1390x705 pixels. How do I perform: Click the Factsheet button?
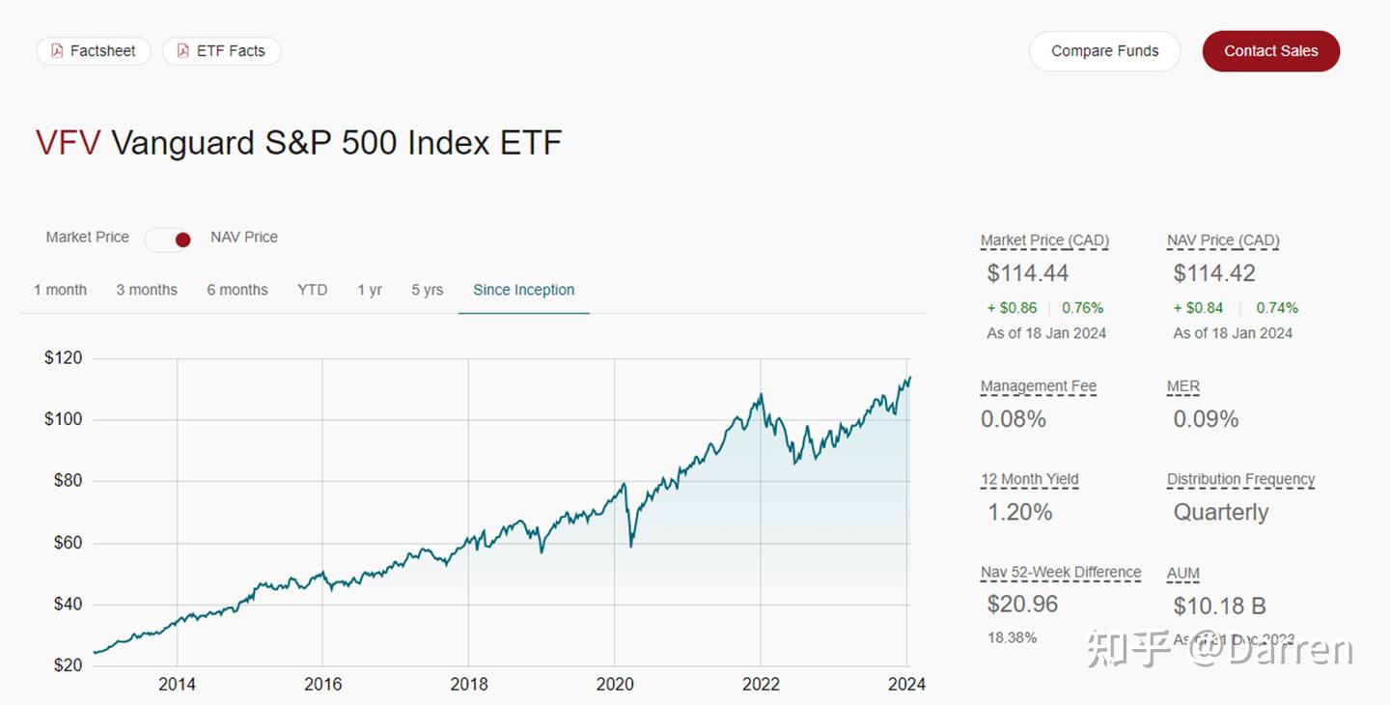94,51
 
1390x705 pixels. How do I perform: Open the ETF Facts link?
221,51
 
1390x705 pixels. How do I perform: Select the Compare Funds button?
1104,51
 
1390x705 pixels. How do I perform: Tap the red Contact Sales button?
1270,51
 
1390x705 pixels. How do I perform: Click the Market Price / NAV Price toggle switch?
169,239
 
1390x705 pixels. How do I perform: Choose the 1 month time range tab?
60,290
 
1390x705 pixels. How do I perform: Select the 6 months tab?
237,290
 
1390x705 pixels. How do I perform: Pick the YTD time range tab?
312,290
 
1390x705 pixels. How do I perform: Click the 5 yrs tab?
427,290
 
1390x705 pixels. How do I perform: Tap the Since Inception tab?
523,290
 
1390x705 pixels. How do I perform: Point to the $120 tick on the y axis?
64,358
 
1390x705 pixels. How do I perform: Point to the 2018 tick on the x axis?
469,685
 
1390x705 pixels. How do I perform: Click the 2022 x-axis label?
761,685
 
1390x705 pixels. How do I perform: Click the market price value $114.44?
1028,273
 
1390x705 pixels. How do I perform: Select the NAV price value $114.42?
1214,273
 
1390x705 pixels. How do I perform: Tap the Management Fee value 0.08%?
1014,419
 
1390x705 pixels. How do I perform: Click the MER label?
1183,386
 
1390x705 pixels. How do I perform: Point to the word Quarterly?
1221,512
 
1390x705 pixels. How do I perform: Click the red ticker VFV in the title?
68,143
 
